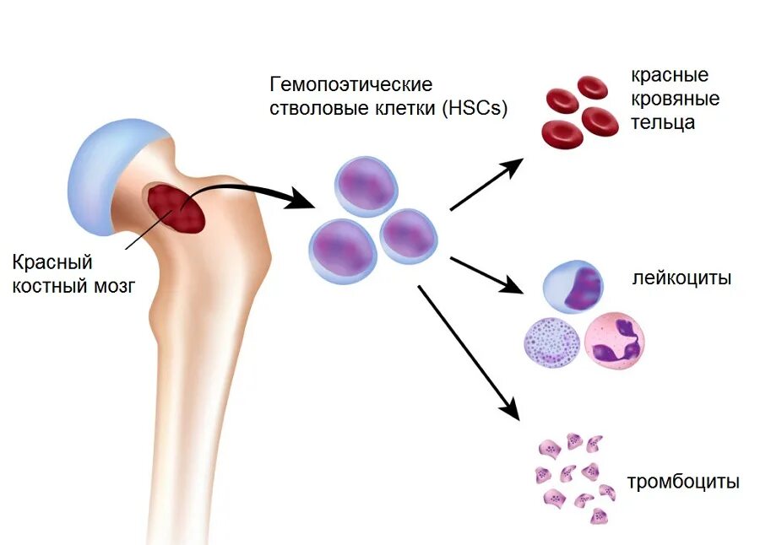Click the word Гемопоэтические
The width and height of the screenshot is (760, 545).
tap(350, 85)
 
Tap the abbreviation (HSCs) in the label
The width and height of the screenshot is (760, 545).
tap(474, 109)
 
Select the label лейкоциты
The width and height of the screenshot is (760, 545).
tap(681, 278)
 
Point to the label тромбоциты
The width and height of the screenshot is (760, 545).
tap(683, 482)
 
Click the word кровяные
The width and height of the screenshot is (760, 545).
tap(676, 99)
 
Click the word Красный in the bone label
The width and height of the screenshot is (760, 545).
tap(52, 262)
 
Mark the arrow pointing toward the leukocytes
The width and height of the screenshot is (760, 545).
tap(488, 274)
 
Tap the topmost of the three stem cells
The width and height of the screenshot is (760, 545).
tap(366, 185)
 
